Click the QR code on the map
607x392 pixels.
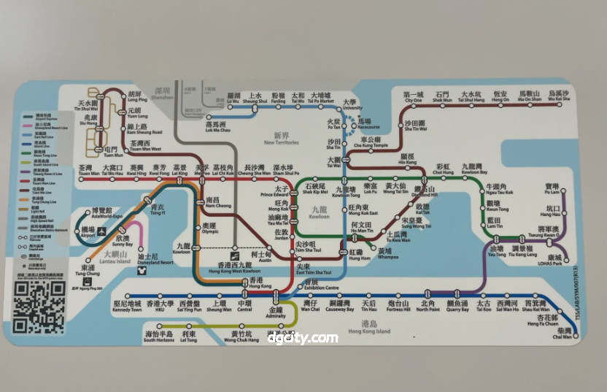click(x=39, y=307)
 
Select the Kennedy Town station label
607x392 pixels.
click(x=128, y=307)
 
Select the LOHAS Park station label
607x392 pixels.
click(x=554, y=261)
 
